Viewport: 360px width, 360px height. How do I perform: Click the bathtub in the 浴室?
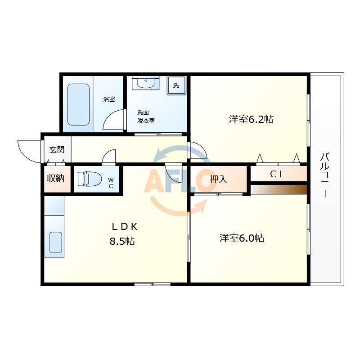tap(78, 104)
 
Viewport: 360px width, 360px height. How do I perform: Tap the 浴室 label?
tap(109, 99)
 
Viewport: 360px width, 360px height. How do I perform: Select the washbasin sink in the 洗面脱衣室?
tap(145, 83)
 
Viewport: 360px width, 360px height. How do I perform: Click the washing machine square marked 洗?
tap(176, 85)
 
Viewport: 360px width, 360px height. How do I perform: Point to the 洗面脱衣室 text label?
tap(146, 117)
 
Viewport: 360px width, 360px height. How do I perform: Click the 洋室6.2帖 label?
tap(251, 119)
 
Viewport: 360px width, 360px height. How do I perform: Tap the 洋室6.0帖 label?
tap(242, 238)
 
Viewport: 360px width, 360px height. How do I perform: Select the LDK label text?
tap(125, 227)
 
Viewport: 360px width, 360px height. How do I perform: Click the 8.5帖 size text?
tap(122, 241)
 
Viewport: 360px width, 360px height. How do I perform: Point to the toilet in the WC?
tap(90, 179)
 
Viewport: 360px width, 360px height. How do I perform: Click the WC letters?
tap(111, 183)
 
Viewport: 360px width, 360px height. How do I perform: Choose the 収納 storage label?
tap(55, 178)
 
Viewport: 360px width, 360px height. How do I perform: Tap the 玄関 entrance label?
tap(57, 150)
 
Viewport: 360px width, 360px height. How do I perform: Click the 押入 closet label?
tap(218, 179)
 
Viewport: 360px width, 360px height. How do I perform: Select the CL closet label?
tap(277, 174)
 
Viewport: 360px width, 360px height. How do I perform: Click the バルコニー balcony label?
tap(325, 175)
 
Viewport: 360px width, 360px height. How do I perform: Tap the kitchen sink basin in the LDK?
tap(55, 242)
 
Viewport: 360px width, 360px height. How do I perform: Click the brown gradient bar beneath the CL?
tap(279, 189)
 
